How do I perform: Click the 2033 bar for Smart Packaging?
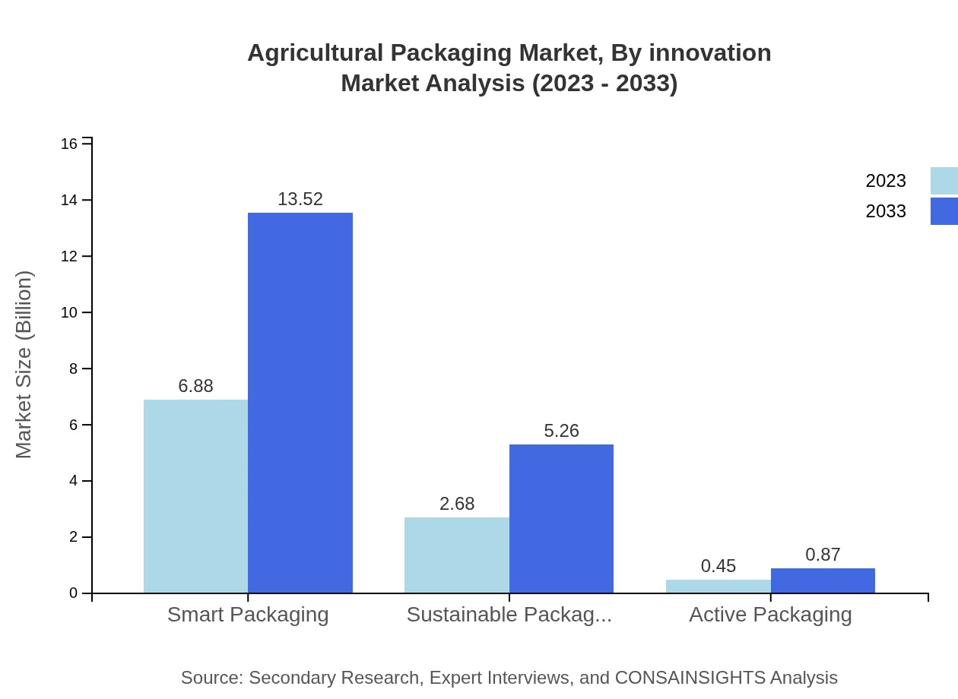pos(300,403)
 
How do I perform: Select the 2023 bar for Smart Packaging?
pos(195,496)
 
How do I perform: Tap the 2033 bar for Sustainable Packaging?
pos(561,518)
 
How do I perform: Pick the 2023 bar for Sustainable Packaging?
pos(456,555)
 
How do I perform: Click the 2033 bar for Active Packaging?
pos(823,580)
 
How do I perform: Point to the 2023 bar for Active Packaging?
pos(718,586)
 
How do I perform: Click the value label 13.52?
pos(300,199)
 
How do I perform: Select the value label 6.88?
pos(195,386)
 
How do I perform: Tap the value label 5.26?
pos(561,431)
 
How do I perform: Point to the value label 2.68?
pos(456,504)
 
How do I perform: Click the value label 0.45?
pos(718,566)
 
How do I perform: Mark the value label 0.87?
pos(823,555)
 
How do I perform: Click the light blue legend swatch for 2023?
pos(944,181)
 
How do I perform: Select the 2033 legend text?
pos(885,211)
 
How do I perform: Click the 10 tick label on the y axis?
pos(69,312)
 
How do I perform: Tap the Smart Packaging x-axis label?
pos(248,614)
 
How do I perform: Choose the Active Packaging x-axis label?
pos(770,614)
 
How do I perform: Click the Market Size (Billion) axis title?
pos(24,365)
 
